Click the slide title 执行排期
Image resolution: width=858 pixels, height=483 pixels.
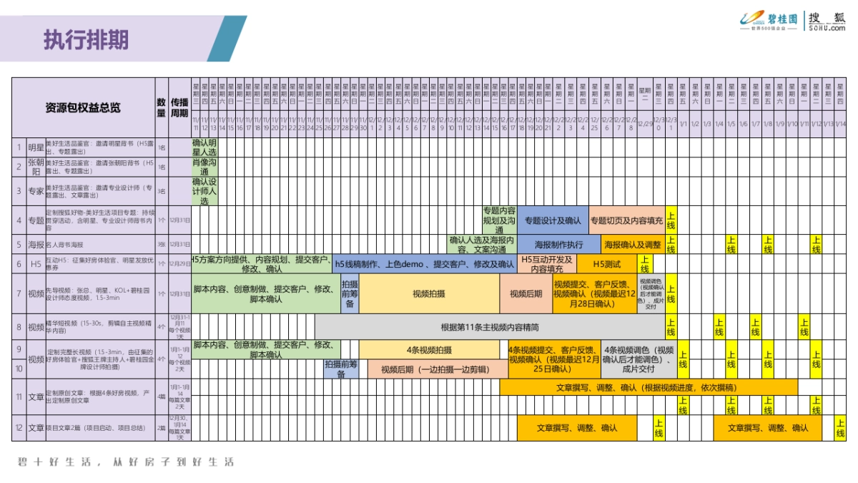(x=86, y=39)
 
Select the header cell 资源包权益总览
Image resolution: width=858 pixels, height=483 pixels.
(x=83, y=107)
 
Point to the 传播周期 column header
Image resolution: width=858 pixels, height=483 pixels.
(x=179, y=107)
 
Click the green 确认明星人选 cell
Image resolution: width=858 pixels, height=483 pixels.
(x=204, y=147)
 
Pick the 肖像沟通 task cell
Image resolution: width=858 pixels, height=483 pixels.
(x=204, y=167)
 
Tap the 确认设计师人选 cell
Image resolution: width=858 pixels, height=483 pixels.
(x=204, y=191)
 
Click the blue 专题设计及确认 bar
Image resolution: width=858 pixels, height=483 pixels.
(x=553, y=220)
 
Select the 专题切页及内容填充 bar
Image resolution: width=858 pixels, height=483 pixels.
(x=627, y=220)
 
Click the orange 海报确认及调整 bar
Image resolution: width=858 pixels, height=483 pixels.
(x=633, y=244)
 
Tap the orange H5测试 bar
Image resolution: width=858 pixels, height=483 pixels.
(x=606, y=264)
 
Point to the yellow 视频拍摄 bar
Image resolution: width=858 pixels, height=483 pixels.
(x=429, y=293)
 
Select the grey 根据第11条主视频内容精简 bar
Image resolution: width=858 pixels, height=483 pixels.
(x=490, y=328)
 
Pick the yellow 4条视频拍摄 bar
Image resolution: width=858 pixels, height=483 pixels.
(x=429, y=350)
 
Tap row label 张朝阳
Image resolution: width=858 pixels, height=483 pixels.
(x=36, y=167)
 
